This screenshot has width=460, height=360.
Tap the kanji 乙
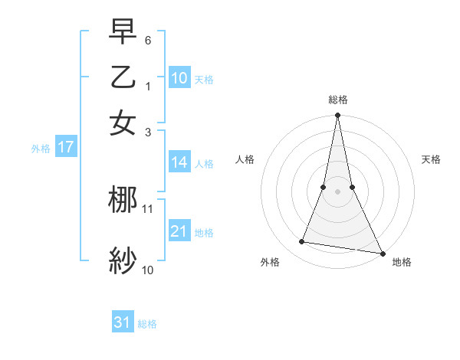pyautogui.click(x=123, y=77)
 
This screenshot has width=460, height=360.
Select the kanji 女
pyautogui.click(x=123, y=123)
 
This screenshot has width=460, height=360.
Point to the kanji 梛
pyautogui.click(x=123, y=201)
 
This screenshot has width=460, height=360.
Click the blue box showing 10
pyautogui.click(x=179, y=77)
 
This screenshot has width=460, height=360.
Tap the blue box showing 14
pyautogui.click(x=179, y=162)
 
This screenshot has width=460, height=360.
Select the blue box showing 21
pyautogui.click(x=179, y=231)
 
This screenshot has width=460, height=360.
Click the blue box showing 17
pyautogui.click(x=65, y=147)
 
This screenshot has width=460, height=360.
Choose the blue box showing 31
pyautogui.click(x=123, y=322)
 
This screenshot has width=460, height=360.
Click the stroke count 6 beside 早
pyautogui.click(x=149, y=40)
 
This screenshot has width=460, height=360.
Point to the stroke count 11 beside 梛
pyautogui.click(x=148, y=208)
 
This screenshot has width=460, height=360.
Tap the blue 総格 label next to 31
pyautogui.click(x=147, y=324)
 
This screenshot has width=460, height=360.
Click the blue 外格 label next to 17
pyautogui.click(x=41, y=149)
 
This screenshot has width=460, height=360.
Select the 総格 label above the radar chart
pyautogui.click(x=337, y=100)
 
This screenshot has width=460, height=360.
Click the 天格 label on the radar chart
pyautogui.click(x=431, y=159)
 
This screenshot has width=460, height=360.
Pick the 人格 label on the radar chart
pyautogui.click(x=245, y=159)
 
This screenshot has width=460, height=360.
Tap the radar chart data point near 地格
pyautogui.click(x=382, y=253)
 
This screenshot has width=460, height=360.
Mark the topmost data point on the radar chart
pyautogui.click(x=337, y=116)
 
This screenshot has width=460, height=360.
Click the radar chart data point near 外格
pyautogui.click(x=302, y=242)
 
